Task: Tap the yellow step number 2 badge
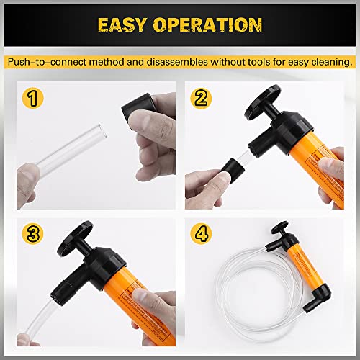[202, 97]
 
